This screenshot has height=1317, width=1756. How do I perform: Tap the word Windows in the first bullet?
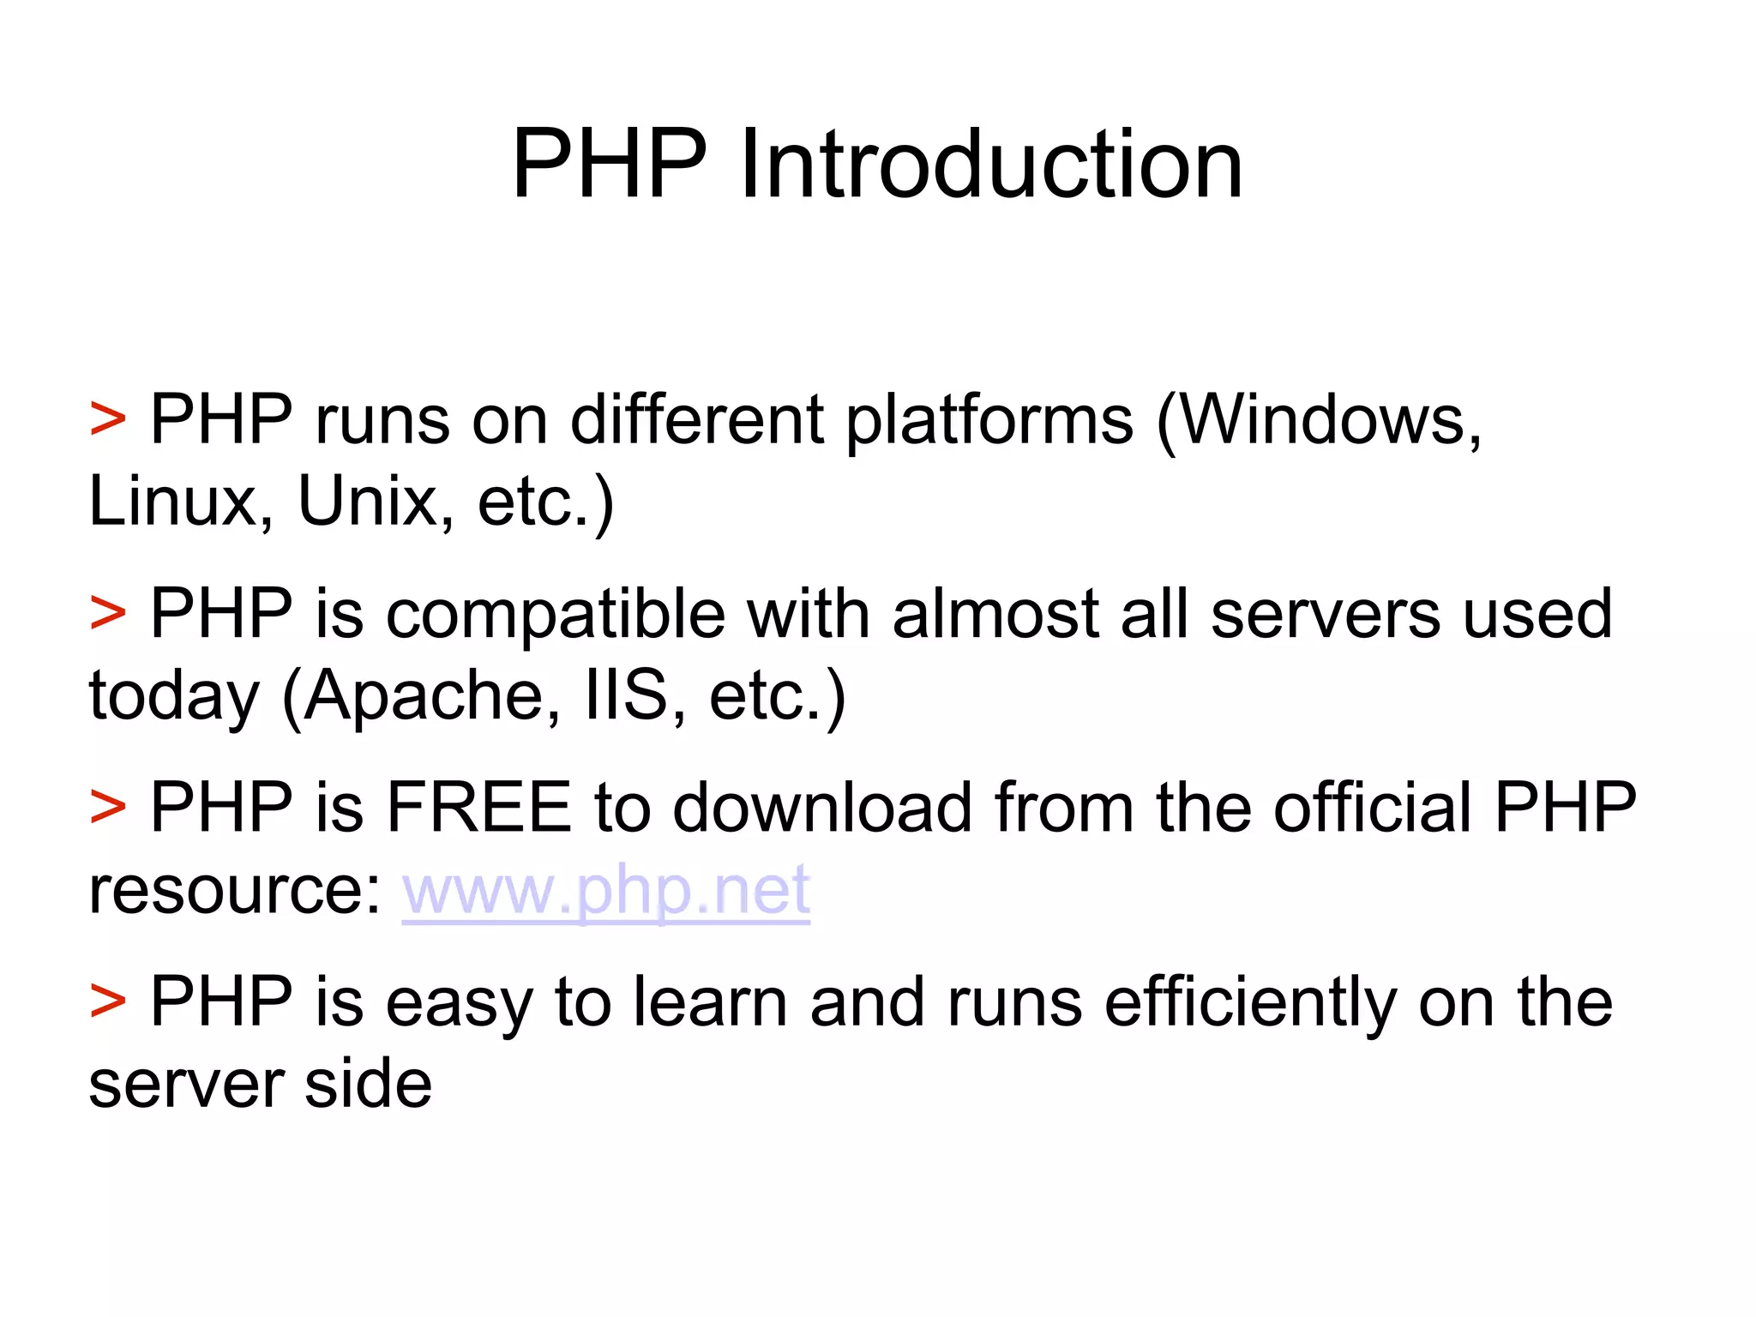(x=1320, y=420)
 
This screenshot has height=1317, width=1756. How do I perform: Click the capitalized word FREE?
(x=479, y=808)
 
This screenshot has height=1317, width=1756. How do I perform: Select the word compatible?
(x=555, y=615)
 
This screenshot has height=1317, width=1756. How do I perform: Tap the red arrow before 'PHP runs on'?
(x=108, y=421)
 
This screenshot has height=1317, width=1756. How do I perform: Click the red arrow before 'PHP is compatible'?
(x=108, y=615)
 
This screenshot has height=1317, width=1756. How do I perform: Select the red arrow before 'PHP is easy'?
(x=108, y=1002)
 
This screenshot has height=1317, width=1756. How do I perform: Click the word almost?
(x=995, y=615)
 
